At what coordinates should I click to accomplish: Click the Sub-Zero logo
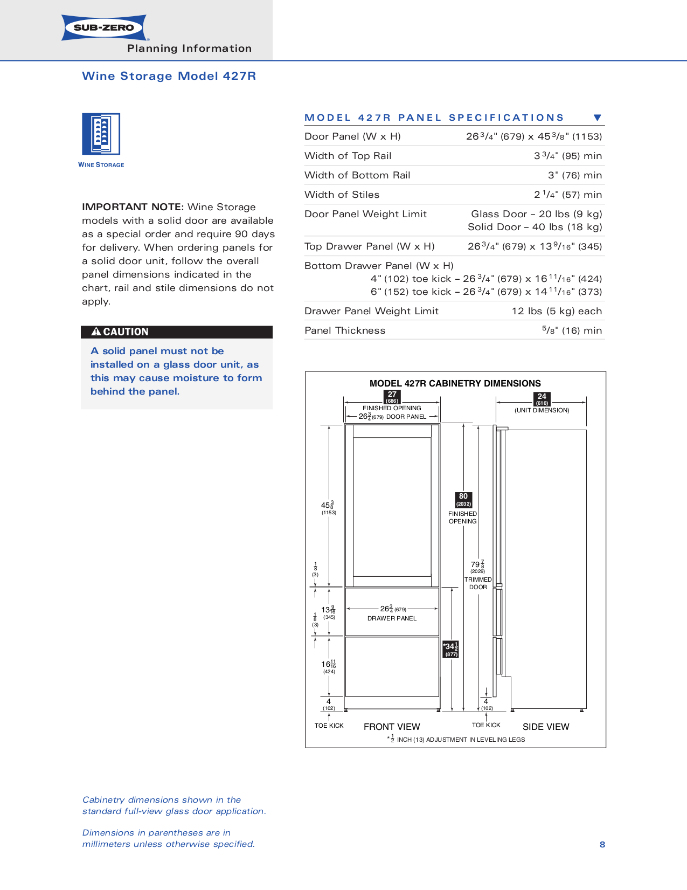click(104, 27)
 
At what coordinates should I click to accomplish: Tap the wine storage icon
click(101, 134)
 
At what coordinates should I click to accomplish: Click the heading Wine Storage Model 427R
click(169, 76)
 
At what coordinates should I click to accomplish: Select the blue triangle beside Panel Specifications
click(597, 118)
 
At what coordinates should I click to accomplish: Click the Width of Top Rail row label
click(348, 156)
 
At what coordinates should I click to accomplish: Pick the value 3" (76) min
click(575, 175)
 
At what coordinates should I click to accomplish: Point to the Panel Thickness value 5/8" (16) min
click(572, 330)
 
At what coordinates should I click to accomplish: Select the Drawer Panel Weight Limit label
click(371, 311)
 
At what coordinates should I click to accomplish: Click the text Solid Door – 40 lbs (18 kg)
click(535, 227)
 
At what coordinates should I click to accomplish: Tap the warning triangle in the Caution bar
click(96, 332)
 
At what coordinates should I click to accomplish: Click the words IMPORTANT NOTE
click(133, 207)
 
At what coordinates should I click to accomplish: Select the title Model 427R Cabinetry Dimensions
click(455, 383)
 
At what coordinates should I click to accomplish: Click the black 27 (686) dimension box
click(392, 397)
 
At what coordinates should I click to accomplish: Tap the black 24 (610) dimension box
click(542, 399)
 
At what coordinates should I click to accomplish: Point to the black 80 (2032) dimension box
click(463, 500)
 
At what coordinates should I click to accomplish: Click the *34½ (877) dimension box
click(450, 649)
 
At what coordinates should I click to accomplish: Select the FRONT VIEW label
click(392, 727)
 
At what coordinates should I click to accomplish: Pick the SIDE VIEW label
click(545, 727)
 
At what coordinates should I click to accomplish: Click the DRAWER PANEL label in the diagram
click(392, 618)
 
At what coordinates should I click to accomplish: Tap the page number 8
click(602, 845)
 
